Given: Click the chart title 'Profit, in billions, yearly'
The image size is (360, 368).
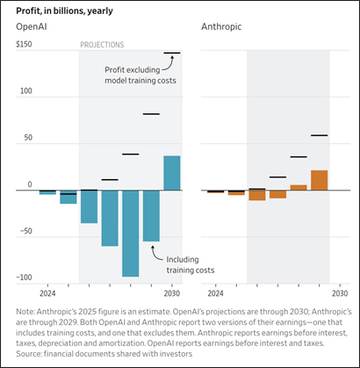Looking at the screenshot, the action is (64, 11).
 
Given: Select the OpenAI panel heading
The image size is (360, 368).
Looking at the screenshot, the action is (32, 26).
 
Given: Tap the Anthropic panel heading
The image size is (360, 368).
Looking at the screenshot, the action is (221, 26).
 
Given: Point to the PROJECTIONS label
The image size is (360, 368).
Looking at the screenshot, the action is (102, 45).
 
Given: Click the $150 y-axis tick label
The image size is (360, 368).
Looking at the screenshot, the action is (25, 45).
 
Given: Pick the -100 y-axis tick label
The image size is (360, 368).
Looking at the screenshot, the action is (24, 278).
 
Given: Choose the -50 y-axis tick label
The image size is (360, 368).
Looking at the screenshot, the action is (25, 231).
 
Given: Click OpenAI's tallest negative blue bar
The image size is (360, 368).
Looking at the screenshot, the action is (131, 234).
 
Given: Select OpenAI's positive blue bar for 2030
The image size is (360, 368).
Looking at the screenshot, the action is (172, 173).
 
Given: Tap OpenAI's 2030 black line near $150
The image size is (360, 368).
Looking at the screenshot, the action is (172, 53).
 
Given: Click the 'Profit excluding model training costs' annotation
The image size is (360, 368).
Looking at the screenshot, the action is (140, 76).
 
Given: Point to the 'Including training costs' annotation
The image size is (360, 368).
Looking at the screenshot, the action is (191, 264).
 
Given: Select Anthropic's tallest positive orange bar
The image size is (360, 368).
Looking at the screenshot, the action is (319, 180).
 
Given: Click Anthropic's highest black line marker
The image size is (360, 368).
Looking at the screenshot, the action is (319, 135).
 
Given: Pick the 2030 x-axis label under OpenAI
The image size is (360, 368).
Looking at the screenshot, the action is (172, 293).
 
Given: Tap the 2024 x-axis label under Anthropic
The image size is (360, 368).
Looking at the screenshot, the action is (215, 293).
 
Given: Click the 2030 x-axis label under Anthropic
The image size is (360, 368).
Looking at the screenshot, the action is (340, 293).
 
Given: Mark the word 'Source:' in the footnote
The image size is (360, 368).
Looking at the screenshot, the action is (29, 354).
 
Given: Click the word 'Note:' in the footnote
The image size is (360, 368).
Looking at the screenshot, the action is (25, 312).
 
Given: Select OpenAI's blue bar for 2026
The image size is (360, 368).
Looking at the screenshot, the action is (89, 206).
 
